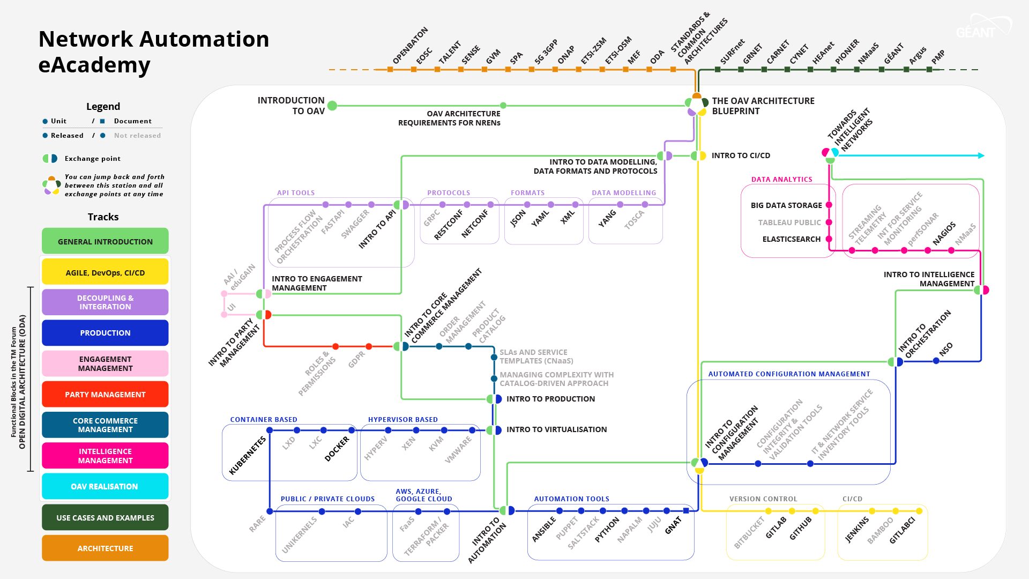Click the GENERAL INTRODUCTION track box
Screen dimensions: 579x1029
(x=105, y=241)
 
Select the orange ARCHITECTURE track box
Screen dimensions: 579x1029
(x=105, y=548)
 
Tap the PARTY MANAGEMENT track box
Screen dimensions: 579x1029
(x=105, y=394)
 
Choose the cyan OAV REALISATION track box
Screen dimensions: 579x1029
(x=105, y=486)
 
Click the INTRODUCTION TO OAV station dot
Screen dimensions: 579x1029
(x=332, y=106)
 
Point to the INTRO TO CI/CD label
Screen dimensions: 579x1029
(x=741, y=155)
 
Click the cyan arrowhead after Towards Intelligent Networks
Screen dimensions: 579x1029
(x=981, y=155)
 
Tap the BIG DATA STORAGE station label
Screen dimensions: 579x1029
(x=786, y=205)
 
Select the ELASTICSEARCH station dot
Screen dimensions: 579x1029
(x=829, y=239)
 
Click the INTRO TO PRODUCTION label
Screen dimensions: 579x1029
(x=550, y=399)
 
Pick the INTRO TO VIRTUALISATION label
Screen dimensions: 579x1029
(x=556, y=429)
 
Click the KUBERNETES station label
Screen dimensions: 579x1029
(x=248, y=456)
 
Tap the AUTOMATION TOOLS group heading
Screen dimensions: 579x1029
(x=571, y=499)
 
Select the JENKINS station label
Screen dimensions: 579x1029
(x=857, y=530)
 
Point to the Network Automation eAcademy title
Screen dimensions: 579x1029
(x=154, y=51)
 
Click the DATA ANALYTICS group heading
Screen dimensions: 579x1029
(x=781, y=180)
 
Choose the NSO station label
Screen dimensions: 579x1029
(x=946, y=349)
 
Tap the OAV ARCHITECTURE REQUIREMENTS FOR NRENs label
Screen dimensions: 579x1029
(x=449, y=118)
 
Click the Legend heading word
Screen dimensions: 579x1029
(x=103, y=106)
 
